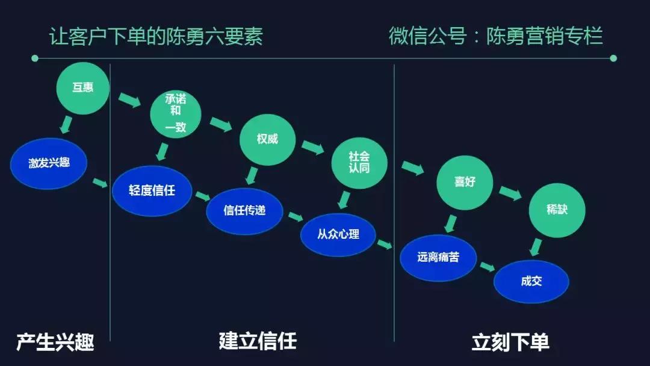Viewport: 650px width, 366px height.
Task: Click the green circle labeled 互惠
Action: pos(83,88)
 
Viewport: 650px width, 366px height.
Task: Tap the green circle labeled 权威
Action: pos(267,139)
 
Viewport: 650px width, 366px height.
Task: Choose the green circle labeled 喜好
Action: pos(464,181)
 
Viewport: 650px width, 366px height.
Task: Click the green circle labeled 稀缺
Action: pos(557,209)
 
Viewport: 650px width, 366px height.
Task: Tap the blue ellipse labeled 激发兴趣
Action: pos(49,163)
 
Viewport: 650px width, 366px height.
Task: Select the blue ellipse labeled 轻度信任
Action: pos(152,191)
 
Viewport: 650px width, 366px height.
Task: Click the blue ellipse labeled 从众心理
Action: pos(338,234)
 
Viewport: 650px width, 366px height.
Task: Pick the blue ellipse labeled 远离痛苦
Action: pos(438,257)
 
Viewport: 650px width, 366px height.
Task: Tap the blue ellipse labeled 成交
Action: pos(531,281)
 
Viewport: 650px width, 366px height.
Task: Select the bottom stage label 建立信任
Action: pos(258,341)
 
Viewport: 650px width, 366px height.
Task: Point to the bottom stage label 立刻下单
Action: pos(510,342)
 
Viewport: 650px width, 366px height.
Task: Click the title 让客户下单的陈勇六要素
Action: pos(156,37)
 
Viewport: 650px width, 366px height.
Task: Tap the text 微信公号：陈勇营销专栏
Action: pos(495,36)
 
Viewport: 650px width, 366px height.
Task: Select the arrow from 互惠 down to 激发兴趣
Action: pos(66,125)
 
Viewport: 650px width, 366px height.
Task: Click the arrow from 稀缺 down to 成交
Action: pos(535,247)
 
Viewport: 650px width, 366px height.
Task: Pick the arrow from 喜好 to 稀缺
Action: pos(510,194)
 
